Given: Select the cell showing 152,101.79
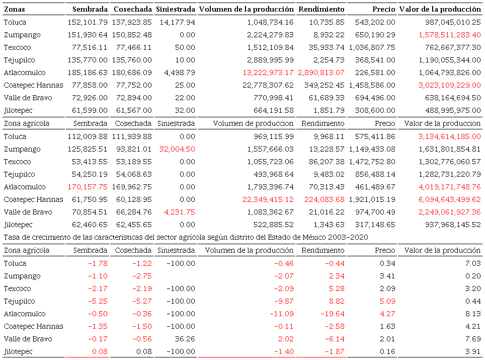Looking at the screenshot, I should (x=87, y=22).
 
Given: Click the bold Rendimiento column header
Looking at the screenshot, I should (x=321, y=9).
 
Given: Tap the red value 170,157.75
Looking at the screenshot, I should (x=87, y=187).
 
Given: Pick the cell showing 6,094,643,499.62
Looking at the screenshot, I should (x=442, y=199).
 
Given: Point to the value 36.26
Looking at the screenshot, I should (x=185, y=339).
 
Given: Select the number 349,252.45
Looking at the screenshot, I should (x=321, y=85).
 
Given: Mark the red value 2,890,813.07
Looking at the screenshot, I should (x=321, y=73).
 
